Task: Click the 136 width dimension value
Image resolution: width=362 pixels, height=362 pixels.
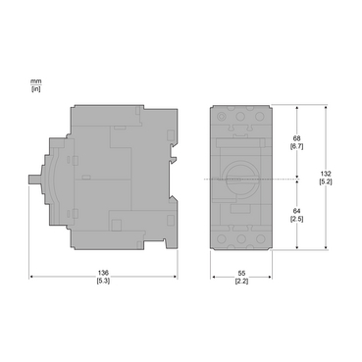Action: (x=103, y=274)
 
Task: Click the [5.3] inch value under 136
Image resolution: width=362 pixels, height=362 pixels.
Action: (x=103, y=283)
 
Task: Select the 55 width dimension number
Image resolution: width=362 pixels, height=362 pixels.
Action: (x=241, y=274)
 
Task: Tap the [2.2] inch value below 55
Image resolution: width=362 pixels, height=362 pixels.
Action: (x=241, y=283)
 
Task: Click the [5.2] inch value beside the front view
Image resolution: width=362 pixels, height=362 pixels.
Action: (x=339, y=183)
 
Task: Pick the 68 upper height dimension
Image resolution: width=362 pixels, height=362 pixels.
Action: (x=295, y=138)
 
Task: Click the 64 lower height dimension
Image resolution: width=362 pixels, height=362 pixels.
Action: (x=295, y=210)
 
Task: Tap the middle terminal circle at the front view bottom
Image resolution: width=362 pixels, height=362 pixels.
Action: (x=241, y=236)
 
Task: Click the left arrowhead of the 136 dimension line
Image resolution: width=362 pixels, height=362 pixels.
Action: (x=33, y=276)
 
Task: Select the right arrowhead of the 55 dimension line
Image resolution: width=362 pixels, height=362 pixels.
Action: (x=270, y=276)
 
